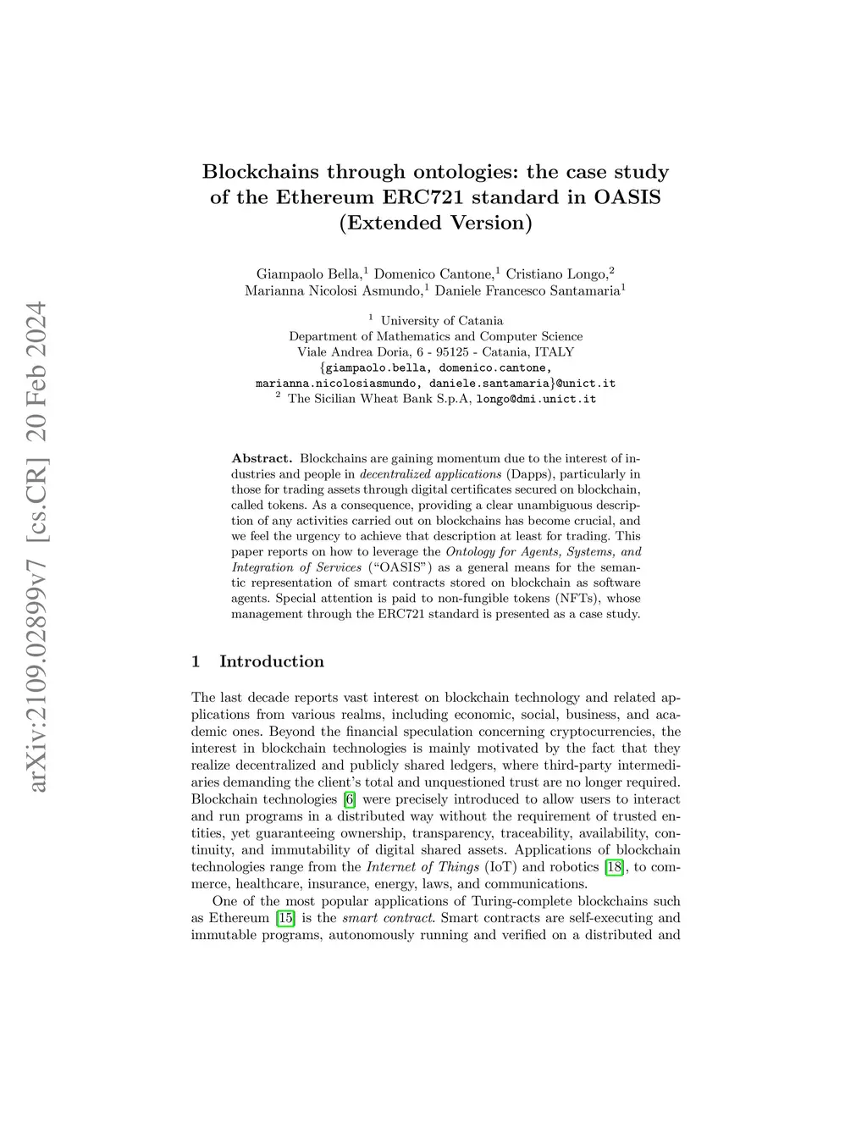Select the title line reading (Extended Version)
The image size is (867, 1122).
(435, 223)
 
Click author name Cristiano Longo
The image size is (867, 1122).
(556, 274)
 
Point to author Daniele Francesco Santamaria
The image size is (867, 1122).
(527, 291)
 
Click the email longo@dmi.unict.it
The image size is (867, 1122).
(536, 399)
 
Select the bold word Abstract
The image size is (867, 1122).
(262, 459)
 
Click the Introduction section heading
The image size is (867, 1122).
(271, 661)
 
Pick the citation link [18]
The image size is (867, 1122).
(614, 867)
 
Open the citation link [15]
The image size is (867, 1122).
(285, 918)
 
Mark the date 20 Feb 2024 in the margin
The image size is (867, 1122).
(37, 372)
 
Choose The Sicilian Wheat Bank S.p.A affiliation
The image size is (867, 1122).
(379, 399)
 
